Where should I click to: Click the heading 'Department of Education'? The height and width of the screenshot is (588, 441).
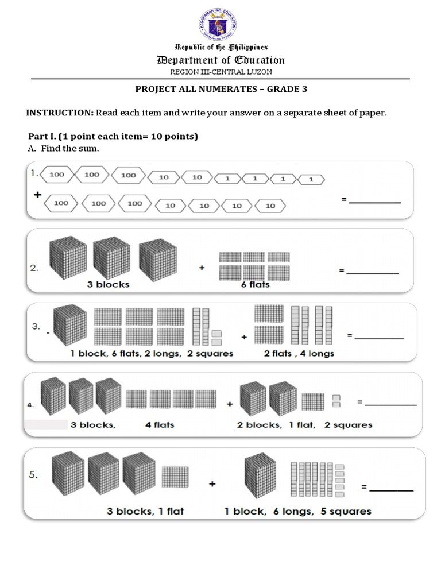pyautogui.click(x=220, y=60)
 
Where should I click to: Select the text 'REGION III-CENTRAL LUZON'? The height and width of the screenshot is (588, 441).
pyautogui.click(x=220, y=72)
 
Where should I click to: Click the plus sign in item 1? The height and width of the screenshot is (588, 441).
pyautogui.click(x=38, y=195)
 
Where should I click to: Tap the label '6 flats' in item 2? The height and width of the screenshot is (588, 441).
pyautogui.click(x=256, y=284)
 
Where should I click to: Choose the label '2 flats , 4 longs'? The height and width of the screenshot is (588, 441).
pyautogui.click(x=299, y=353)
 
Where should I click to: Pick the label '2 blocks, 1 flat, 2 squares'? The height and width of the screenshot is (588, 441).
pyautogui.click(x=304, y=425)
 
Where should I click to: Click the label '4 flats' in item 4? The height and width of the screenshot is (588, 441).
pyautogui.click(x=160, y=425)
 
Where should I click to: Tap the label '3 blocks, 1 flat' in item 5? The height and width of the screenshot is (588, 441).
pyautogui.click(x=145, y=510)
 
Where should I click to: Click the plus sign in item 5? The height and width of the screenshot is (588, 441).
pyautogui.click(x=212, y=484)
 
